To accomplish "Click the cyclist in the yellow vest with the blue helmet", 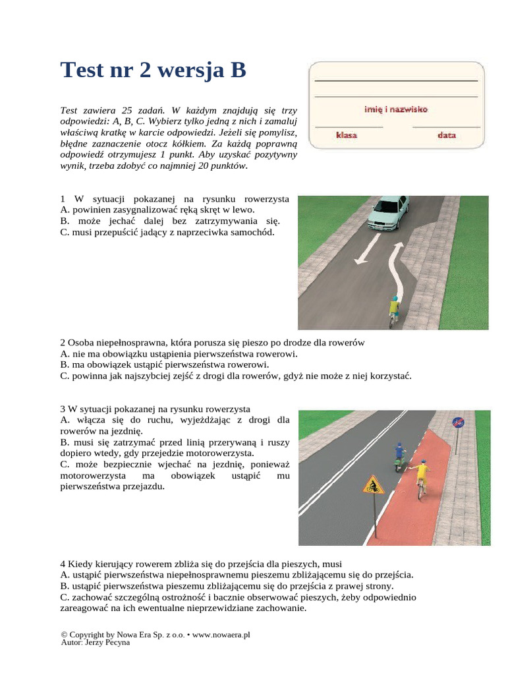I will [x=393, y=310].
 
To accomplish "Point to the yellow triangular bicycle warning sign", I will [x=374, y=487].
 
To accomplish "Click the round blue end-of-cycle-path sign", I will [x=457, y=423].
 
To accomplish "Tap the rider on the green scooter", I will [x=399, y=456].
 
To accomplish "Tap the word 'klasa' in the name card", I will [x=346, y=135].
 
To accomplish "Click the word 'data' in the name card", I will [x=447, y=135].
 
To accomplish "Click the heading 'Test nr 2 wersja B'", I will [x=153, y=70].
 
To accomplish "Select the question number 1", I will [x=63, y=198].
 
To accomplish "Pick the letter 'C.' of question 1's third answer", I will [x=65, y=232].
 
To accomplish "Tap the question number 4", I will [x=63, y=564].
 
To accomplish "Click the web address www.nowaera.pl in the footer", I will [x=221, y=635].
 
